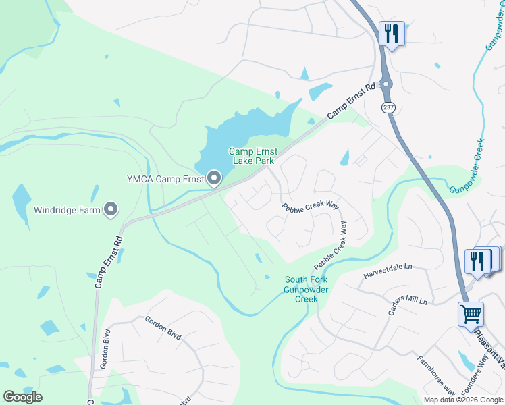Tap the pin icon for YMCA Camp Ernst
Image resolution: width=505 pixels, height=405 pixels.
[x=215, y=179]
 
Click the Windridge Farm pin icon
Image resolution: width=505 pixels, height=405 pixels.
[x=111, y=209]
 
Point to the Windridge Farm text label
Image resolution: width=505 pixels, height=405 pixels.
[x=68, y=210]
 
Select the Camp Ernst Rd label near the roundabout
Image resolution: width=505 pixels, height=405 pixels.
[x=351, y=102]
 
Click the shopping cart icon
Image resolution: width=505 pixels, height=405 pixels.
[x=471, y=313]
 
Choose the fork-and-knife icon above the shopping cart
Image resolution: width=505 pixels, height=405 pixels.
[x=477, y=260]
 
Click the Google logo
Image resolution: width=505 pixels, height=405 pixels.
[x=22, y=397]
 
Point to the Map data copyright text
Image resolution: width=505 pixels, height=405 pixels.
[x=462, y=400]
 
